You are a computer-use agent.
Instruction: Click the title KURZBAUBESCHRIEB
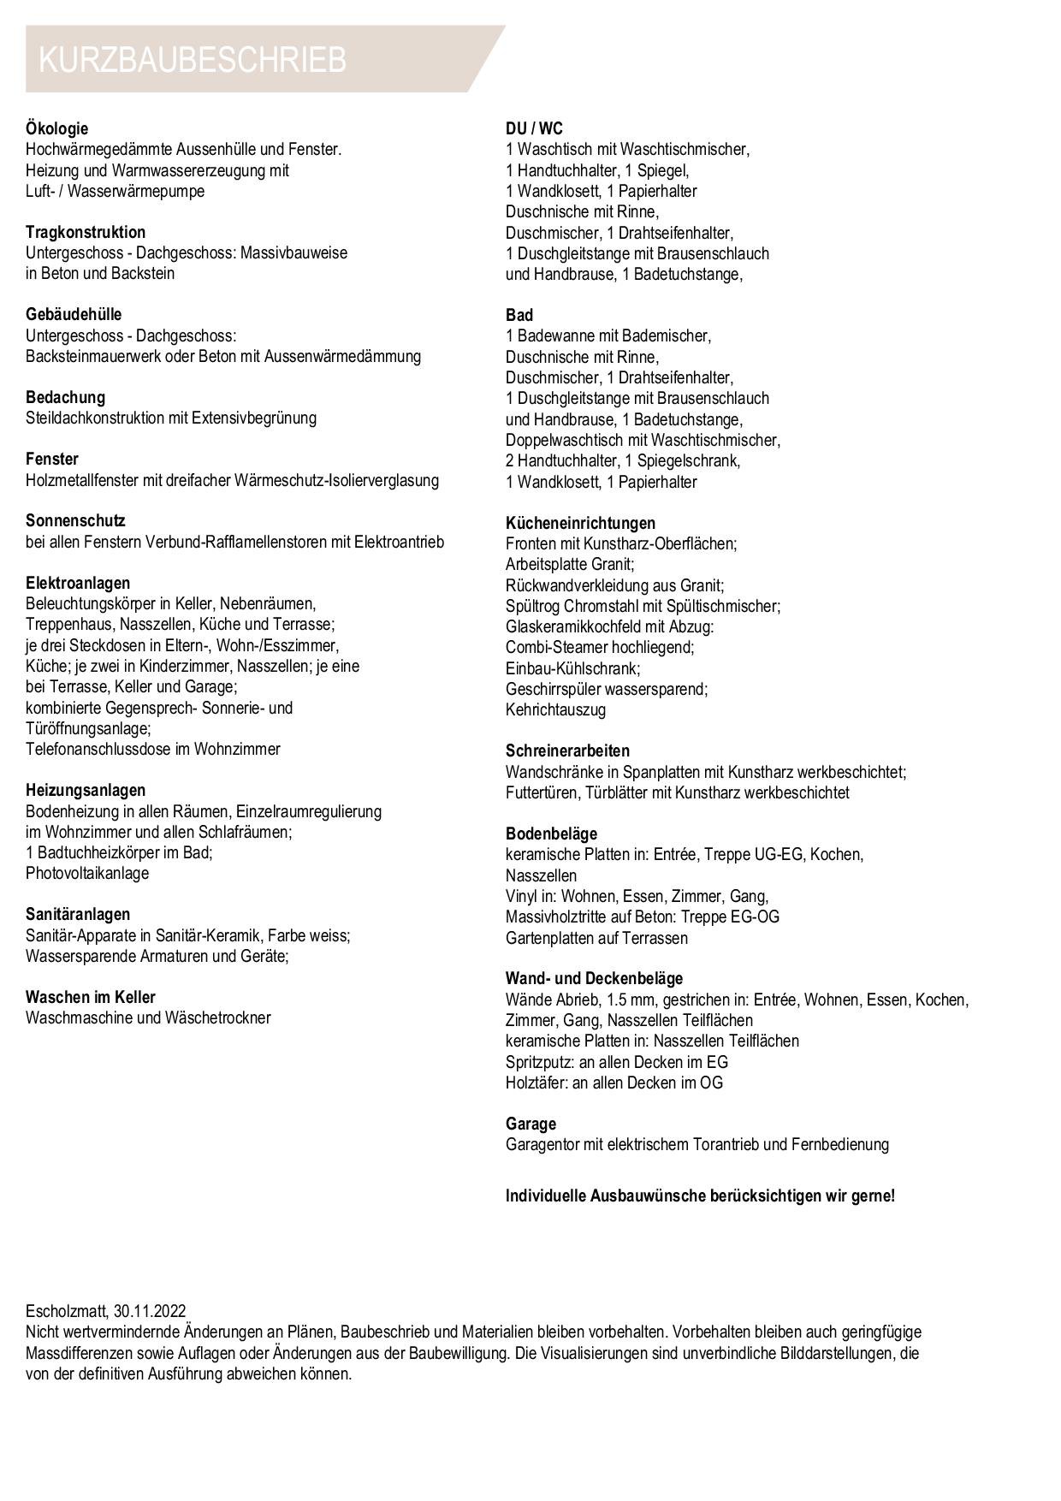193,60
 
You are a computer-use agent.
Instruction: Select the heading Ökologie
56,128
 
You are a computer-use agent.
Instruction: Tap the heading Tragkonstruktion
86,232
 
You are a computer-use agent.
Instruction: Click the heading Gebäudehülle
74,314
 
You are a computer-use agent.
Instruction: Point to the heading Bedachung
65,397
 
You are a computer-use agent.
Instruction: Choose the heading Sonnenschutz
75,520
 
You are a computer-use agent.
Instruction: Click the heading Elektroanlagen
78,583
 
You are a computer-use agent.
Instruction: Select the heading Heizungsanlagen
86,790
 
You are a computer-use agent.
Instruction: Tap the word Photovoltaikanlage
87,873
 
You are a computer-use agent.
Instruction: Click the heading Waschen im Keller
91,997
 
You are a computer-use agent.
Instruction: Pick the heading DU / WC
534,128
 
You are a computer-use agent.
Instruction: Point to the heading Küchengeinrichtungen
580,523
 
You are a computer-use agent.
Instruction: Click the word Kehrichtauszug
555,709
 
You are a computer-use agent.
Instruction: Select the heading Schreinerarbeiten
567,750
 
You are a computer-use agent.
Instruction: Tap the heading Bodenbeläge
551,834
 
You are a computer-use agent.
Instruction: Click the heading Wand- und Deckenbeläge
594,978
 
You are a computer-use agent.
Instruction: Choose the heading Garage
530,1124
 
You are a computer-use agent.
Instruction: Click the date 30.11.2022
150,1311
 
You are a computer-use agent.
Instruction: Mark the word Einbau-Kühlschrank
572,668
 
